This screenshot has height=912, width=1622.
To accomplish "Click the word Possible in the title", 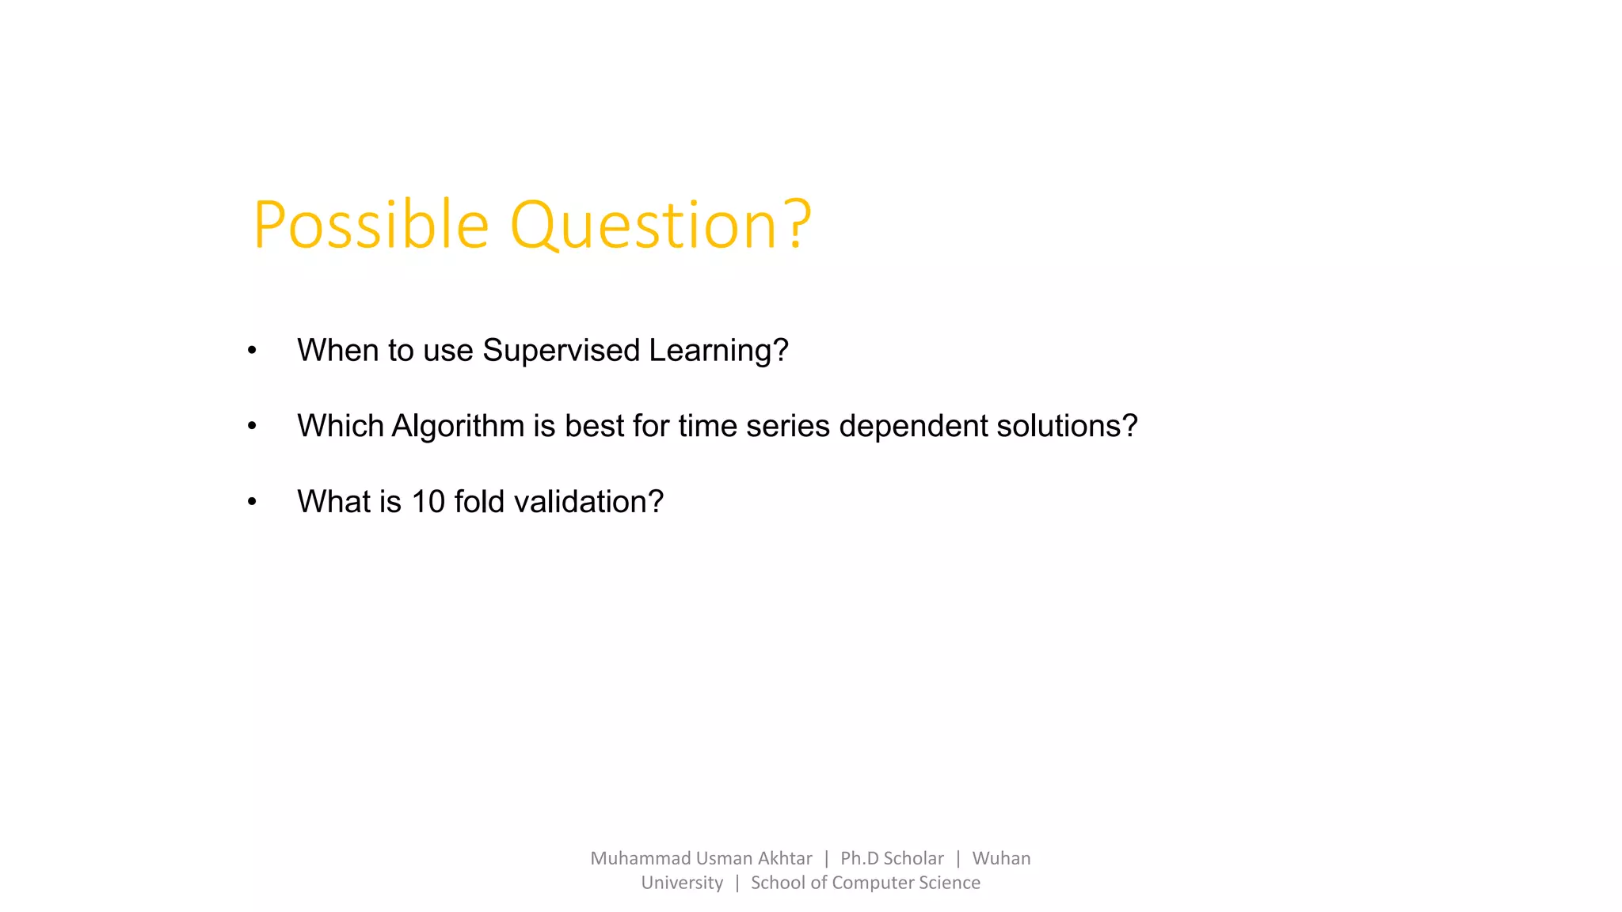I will pyautogui.click(x=371, y=226).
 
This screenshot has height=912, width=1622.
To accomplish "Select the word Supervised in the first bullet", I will pyautogui.click(x=561, y=351).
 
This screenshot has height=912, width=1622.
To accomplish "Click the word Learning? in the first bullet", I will pyautogui.click(x=718, y=351).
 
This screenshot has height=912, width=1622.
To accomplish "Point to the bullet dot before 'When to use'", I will pyautogui.click(x=252, y=350).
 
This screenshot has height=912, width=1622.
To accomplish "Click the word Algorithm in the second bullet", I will pyautogui.click(x=457, y=427).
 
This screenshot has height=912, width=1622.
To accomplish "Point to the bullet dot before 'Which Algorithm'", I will pyautogui.click(x=252, y=426).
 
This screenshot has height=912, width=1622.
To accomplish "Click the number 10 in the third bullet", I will pyautogui.click(x=428, y=502).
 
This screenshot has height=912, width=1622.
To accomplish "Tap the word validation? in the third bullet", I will pyautogui.click(x=588, y=502).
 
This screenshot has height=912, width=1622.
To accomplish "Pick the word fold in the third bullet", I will pyautogui.click(x=479, y=502).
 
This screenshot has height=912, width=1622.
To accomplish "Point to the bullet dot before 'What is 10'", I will pyautogui.click(x=252, y=502).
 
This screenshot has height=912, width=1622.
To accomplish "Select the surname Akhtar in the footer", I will pyautogui.click(x=784, y=858).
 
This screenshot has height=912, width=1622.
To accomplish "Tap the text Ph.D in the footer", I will pyautogui.click(x=859, y=858).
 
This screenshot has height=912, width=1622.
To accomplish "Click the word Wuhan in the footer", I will pyautogui.click(x=1001, y=858).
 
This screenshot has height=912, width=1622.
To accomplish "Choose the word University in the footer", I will pyautogui.click(x=682, y=883).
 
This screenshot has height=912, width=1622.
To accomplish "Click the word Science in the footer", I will pyautogui.click(x=950, y=883).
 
